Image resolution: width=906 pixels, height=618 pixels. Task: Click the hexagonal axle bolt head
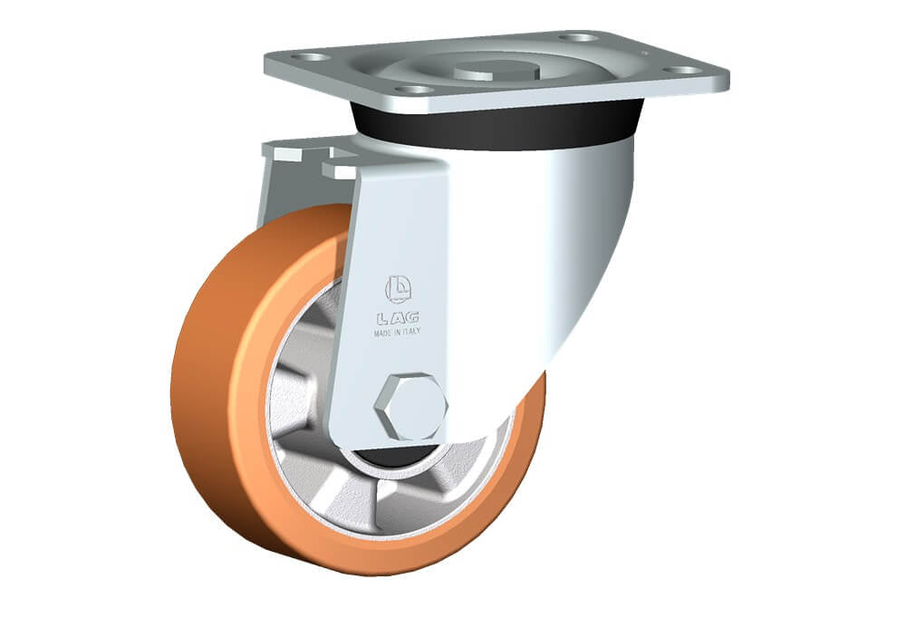coord(410,406)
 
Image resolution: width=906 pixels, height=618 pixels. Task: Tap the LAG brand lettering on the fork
coord(398,317)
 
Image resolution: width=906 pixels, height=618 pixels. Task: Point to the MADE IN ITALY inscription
coord(397,333)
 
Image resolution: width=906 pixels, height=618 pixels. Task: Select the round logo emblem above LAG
coord(398,289)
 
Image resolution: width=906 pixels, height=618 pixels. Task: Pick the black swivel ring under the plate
coord(496,127)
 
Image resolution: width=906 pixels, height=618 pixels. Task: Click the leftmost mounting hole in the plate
coord(310,57)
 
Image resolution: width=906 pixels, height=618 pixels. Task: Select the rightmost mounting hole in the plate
coord(682,70)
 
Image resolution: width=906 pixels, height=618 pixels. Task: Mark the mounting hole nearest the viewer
coord(416,90)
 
